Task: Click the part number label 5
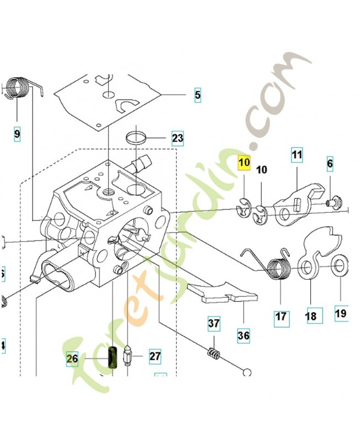coord(197,95)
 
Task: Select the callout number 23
coord(177,138)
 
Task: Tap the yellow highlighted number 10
coord(244,163)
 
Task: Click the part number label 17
coord(281,317)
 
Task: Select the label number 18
coord(311,316)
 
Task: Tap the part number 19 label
coord(341,313)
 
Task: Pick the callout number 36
coord(243,335)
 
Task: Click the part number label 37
coord(214,323)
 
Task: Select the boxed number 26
coord(72,359)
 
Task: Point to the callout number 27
coord(155,356)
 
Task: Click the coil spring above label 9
coord(19,88)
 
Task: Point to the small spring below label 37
coord(213,351)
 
